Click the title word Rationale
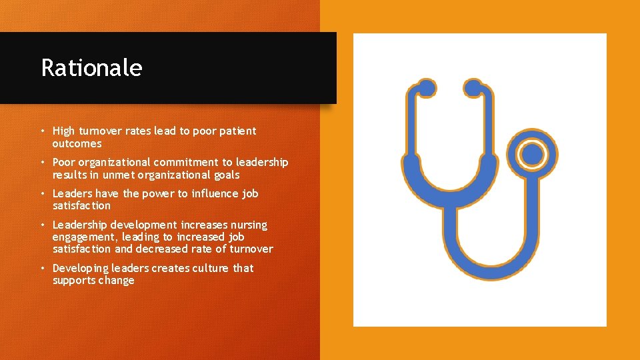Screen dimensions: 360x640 91,68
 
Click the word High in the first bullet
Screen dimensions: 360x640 64,131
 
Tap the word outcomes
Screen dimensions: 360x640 77,143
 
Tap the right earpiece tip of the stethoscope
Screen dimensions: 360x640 473,88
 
